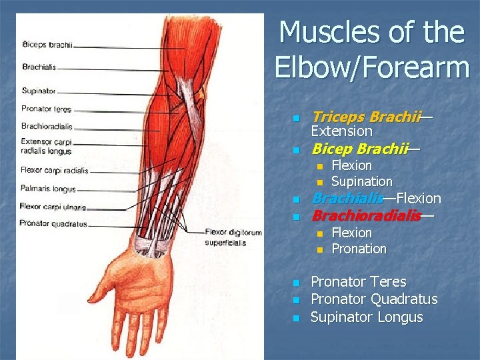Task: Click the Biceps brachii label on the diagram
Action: tap(47, 45)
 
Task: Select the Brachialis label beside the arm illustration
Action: tap(39, 67)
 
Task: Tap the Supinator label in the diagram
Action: tap(38, 91)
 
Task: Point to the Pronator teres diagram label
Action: tap(46, 109)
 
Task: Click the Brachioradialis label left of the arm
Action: tap(47, 125)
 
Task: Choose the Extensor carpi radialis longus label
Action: tap(46, 146)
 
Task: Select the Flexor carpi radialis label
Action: tap(54, 169)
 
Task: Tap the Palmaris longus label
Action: tap(48, 189)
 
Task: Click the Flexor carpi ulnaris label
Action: tap(53, 206)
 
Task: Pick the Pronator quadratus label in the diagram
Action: tap(53, 224)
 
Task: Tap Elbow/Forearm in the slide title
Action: tap(371, 67)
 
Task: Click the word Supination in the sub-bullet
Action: tap(361, 181)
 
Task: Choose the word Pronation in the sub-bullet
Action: tap(359, 249)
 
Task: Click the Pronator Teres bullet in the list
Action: tap(359, 282)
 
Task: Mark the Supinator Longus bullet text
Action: tap(367, 317)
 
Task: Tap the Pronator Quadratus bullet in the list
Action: tap(374, 299)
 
